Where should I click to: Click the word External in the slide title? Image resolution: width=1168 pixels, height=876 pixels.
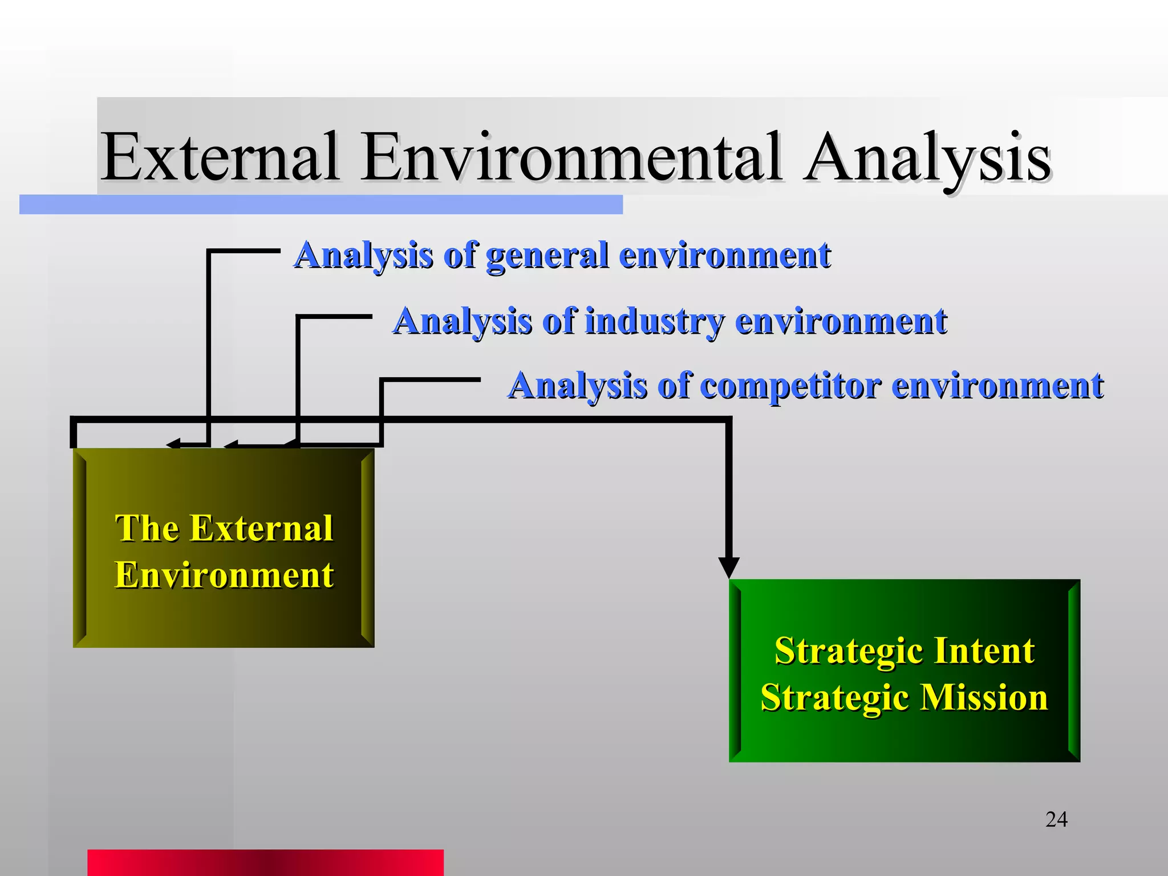[220, 156]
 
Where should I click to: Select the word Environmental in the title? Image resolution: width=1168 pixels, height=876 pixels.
[571, 156]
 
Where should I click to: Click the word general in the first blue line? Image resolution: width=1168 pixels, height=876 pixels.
[546, 255]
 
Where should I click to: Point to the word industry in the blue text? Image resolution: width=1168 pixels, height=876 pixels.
[654, 321]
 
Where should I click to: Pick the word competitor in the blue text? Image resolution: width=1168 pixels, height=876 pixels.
[790, 386]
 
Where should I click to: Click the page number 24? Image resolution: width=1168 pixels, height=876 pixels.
[1056, 820]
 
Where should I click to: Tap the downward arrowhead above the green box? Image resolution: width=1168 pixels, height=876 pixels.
[729, 567]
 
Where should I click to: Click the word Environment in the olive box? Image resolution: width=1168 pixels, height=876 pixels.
[224, 575]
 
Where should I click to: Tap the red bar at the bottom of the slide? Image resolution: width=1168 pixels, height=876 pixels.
[265, 862]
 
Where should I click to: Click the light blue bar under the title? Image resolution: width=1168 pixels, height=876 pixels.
[321, 205]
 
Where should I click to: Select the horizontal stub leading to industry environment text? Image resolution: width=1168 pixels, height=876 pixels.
[335, 316]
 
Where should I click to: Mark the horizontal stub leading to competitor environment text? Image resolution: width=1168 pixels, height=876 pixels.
[432, 379]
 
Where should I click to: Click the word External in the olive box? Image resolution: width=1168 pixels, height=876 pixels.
[261, 528]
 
